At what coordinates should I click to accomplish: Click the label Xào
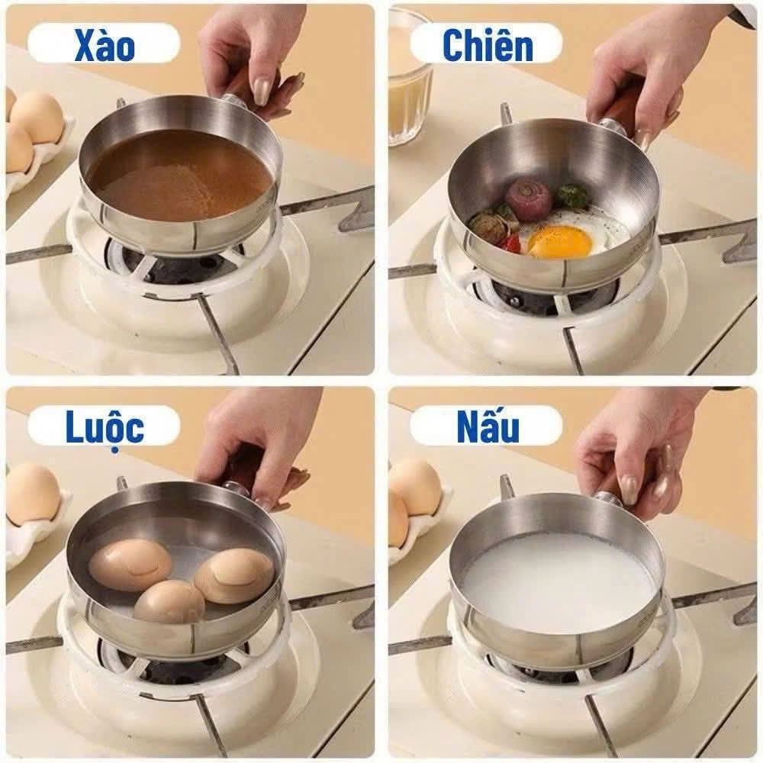[x=105, y=46]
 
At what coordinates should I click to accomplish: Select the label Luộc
[x=105, y=427]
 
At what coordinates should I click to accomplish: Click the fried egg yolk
[x=559, y=242]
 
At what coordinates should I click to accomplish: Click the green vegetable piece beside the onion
[x=571, y=197]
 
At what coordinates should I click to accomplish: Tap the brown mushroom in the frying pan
[x=488, y=227]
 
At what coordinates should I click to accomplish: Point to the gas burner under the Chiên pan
[x=549, y=294]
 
